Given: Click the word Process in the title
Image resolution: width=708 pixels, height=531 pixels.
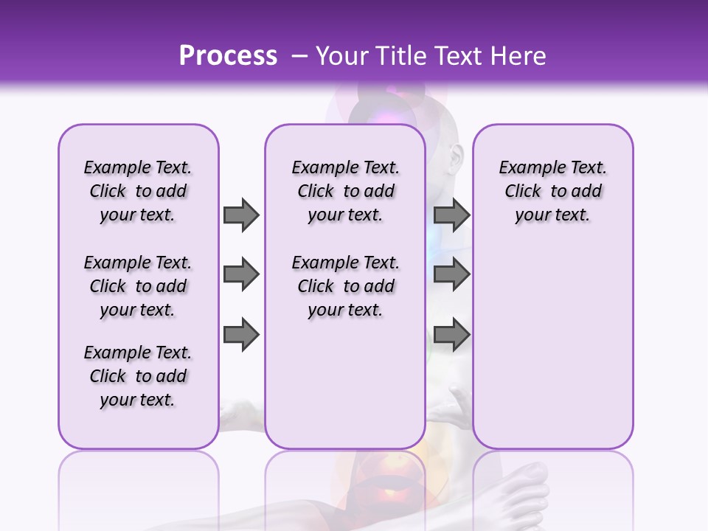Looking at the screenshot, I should coord(228,56).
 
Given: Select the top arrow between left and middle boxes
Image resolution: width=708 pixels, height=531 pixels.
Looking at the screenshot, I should coord(241,215).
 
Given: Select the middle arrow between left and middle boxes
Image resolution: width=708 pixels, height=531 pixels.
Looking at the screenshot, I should coord(241,274).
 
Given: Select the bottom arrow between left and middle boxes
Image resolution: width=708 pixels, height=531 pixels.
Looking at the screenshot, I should coord(241,335).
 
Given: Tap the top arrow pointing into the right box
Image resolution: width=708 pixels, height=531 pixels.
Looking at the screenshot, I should coord(451,215).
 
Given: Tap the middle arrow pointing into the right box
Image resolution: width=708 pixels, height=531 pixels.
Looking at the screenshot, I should coord(451,274).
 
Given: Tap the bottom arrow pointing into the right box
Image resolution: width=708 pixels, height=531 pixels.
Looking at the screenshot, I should coord(451,335).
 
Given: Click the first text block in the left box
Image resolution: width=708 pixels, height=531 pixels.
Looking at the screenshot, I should coord(138,191).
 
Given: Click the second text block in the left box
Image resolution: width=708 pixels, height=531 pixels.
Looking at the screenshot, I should coord(138,286).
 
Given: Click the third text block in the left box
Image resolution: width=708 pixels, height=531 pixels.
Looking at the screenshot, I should coord(138,376).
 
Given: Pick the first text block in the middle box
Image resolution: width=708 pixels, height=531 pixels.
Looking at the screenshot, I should coord(345,191).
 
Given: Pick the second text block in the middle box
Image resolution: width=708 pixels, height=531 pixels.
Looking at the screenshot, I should coord(345,286).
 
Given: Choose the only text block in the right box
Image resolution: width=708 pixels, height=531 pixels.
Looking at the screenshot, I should coord(552,191).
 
